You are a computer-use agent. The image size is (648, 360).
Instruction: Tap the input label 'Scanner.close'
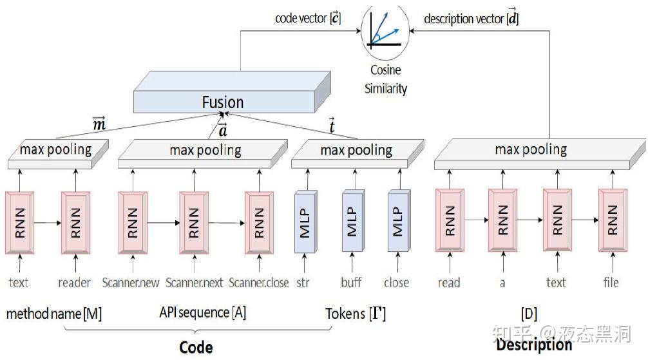(258, 283)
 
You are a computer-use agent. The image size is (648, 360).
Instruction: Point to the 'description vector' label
(471, 19)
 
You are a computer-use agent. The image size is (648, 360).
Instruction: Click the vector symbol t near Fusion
(332, 127)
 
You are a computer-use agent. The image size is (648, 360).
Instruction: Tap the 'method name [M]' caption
(54, 314)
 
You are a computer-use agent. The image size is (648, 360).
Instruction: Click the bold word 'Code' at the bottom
(196, 347)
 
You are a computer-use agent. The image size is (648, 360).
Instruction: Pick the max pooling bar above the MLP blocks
(356, 151)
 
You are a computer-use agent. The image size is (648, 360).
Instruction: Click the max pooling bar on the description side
(531, 151)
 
